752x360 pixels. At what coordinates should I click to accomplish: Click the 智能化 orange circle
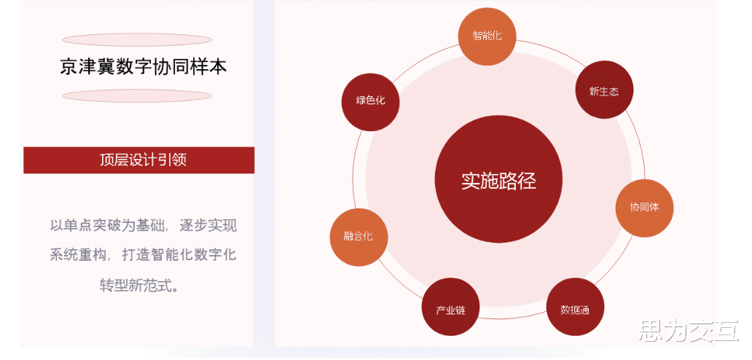[x=487, y=36]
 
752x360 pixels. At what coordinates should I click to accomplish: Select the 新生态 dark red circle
[x=604, y=91]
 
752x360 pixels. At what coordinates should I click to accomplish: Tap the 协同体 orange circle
[x=644, y=207]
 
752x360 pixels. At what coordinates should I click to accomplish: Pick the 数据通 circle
[x=575, y=308]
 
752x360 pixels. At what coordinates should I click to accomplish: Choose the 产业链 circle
[x=450, y=309]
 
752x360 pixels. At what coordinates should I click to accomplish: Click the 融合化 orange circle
[x=359, y=236]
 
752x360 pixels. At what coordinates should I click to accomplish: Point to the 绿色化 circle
[x=370, y=101]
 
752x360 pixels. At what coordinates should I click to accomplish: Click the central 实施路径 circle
[x=498, y=181]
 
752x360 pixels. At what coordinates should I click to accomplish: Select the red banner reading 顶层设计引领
[x=138, y=160]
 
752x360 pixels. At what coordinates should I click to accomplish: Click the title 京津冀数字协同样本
[x=144, y=67]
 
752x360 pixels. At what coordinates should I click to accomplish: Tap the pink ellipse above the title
[x=137, y=39]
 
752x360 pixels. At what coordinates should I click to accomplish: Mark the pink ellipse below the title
[x=137, y=95]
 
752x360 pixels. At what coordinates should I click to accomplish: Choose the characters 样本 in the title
[x=211, y=67]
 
